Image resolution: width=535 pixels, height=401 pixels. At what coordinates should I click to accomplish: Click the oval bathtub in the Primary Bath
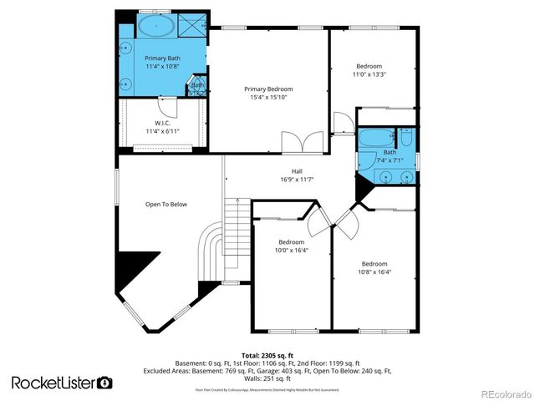(156, 26)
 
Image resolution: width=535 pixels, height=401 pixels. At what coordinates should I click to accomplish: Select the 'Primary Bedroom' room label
(268, 89)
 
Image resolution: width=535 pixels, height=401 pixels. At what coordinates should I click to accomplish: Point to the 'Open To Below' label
(166, 205)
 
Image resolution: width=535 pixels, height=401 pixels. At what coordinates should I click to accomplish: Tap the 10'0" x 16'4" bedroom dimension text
(292, 250)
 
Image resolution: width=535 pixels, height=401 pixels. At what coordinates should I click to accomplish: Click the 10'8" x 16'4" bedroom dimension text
(374, 272)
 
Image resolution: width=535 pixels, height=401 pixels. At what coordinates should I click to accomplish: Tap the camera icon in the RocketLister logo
(104, 383)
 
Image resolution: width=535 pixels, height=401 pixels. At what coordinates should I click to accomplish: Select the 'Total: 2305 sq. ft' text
(267, 355)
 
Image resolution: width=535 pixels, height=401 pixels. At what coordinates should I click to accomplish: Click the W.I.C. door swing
(168, 107)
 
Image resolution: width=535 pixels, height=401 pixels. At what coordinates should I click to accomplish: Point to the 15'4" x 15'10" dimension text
(268, 98)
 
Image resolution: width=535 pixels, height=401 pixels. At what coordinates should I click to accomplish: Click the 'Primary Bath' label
(162, 58)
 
